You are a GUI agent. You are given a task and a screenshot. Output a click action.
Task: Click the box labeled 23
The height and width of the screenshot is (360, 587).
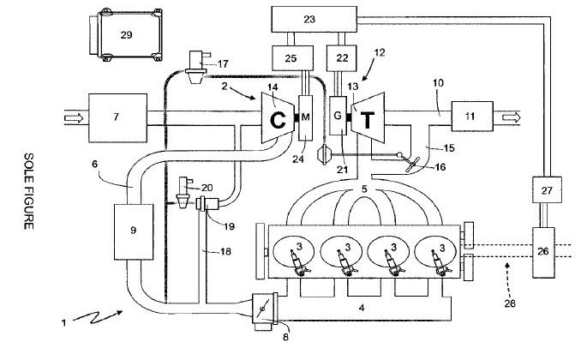coord(314,19)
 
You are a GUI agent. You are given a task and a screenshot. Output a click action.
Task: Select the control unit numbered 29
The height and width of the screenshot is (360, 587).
coord(126,34)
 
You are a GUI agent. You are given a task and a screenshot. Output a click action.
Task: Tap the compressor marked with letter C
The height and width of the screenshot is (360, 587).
coord(278,117)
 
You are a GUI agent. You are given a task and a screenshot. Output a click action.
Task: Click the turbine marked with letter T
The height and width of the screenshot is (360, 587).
coord(368,117)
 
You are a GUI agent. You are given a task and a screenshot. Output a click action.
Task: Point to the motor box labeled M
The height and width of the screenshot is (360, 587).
coord(305,117)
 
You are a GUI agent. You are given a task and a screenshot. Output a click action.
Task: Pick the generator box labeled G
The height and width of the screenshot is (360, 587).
coord(338,116)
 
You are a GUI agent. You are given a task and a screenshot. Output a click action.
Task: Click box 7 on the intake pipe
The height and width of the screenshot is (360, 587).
coord(117,117)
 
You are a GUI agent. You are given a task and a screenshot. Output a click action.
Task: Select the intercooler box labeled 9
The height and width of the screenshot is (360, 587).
coord(134,232)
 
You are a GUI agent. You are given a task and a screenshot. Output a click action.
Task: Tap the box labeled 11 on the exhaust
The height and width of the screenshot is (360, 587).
coord(472,116)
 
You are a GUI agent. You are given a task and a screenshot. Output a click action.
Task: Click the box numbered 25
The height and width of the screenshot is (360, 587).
coord(292,58)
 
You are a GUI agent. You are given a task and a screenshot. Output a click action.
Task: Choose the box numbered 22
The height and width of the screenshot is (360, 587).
coord(341,58)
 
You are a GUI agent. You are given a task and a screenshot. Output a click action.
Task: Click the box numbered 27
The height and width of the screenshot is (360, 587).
coord(547,190)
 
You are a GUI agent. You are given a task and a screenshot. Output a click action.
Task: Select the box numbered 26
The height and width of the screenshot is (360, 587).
coord(543,253)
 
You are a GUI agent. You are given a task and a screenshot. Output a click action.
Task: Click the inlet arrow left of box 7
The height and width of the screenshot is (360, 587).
coord(74,118)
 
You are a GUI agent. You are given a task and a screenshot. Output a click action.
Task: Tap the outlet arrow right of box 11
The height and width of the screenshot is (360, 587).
coord(511,117)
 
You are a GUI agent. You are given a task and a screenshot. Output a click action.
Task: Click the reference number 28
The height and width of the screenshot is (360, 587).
coord(510,303)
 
